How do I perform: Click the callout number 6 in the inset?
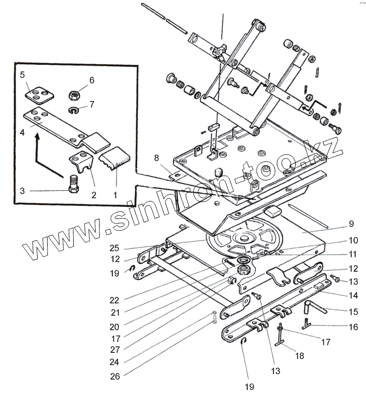[x=92, y=80]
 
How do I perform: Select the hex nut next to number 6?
[x=75, y=94]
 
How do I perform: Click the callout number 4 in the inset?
[x=22, y=133]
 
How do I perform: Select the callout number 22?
[x=115, y=299]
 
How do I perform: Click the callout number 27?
[x=115, y=349]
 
